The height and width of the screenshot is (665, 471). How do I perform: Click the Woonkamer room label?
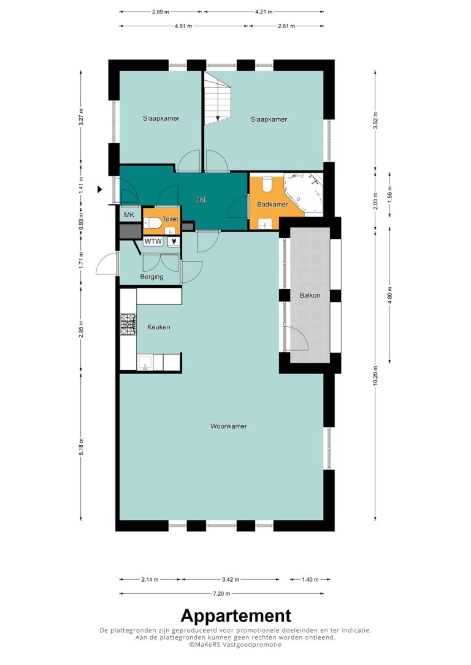[x=229, y=426]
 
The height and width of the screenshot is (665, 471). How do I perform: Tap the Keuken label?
[x=158, y=327]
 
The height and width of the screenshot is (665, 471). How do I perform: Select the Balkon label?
[x=310, y=295]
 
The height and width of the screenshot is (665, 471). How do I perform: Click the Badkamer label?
[x=272, y=205]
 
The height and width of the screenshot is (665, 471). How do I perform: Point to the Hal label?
[x=201, y=199]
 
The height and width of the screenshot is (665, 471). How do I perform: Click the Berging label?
[x=151, y=277]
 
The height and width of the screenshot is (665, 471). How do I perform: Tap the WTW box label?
[x=153, y=242]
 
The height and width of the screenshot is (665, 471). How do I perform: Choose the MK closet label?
[x=129, y=215]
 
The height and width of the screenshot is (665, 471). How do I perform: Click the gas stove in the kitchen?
[x=128, y=325]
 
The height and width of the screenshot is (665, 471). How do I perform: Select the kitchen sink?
[x=145, y=362]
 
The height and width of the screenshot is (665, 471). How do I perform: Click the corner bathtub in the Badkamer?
[x=303, y=193]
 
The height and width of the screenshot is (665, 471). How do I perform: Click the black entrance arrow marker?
[x=100, y=190]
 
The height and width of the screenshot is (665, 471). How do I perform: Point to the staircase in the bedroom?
[x=217, y=98]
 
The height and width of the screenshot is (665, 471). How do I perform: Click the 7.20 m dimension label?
[x=221, y=594]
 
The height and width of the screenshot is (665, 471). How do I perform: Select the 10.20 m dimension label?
[x=375, y=375]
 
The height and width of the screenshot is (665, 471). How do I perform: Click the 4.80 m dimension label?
[x=390, y=295]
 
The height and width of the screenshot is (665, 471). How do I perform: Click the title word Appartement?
[x=235, y=616]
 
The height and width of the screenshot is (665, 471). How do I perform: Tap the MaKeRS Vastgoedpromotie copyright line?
[x=235, y=645]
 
